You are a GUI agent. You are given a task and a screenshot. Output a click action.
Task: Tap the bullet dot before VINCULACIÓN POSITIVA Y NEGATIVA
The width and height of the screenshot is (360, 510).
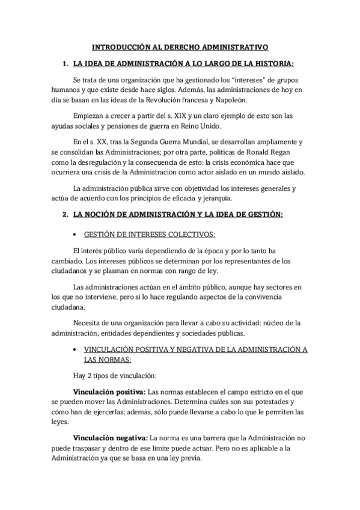[x=74, y=349]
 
